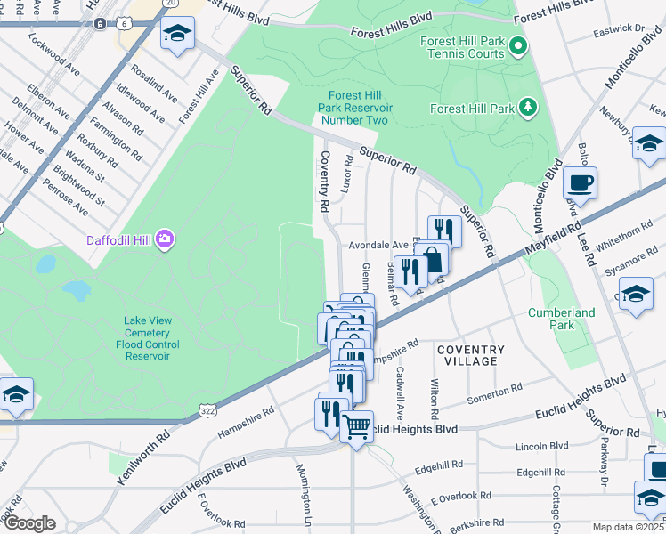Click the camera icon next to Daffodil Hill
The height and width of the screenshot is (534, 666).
(165, 239)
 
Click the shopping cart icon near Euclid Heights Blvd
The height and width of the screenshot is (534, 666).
(357, 427)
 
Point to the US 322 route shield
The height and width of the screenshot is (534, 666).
(207, 410)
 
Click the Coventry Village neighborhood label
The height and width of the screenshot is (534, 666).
(471, 356)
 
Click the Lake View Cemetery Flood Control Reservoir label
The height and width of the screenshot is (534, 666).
(148, 338)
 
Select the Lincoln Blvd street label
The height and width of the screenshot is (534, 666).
(540, 445)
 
